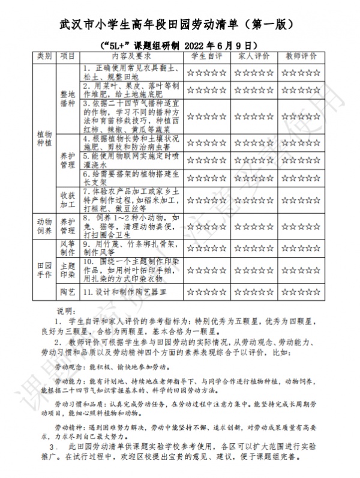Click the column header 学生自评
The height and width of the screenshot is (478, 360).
(206, 56)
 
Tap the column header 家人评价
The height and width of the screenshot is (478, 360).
(254, 56)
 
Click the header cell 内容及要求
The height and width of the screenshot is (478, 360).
(128, 56)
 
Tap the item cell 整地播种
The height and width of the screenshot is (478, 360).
(68, 98)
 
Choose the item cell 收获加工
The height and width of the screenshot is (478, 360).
(68, 201)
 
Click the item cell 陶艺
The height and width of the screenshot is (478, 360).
(68, 292)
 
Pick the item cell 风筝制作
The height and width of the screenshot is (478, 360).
(68, 248)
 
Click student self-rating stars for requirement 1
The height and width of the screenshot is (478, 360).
(206, 73)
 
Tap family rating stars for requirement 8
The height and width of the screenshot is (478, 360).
(254, 226)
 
